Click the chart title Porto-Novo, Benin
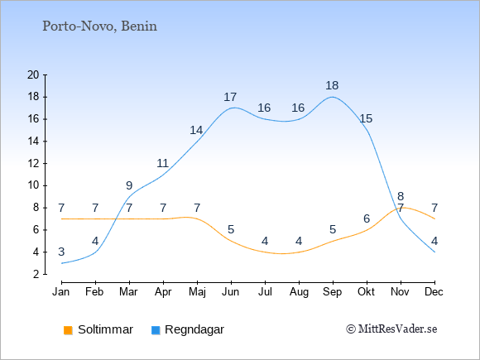pos(99,26)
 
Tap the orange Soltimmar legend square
pos(68,330)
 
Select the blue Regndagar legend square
pos(156,330)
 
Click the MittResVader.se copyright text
pos(391,329)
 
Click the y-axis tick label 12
pos(33,164)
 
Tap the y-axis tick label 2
pos(36,274)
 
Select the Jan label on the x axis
pos(61,292)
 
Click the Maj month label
pos(197,292)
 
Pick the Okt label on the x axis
pos(366,292)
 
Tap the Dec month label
pos(434,292)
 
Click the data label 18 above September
pos(332,86)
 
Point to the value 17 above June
pos(230,98)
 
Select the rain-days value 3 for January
pos(61,252)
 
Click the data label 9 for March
pos(129,185)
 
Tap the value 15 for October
pos(366,118)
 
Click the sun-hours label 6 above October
pos(367,218)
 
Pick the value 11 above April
pos(162,164)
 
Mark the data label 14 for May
pos(196,131)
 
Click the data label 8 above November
pos(401,196)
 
